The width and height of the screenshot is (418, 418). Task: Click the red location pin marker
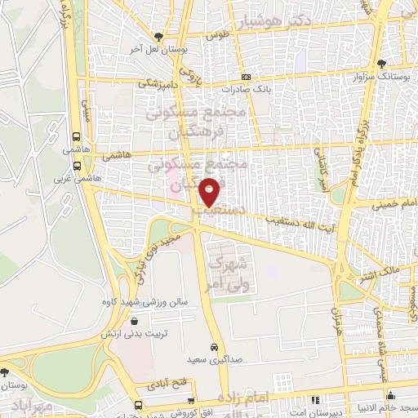(211, 192)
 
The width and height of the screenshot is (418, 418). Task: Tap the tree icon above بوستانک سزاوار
(382, 63)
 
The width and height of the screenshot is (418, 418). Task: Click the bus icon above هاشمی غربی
(76, 164)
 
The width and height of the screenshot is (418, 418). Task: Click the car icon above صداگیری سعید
(213, 346)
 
